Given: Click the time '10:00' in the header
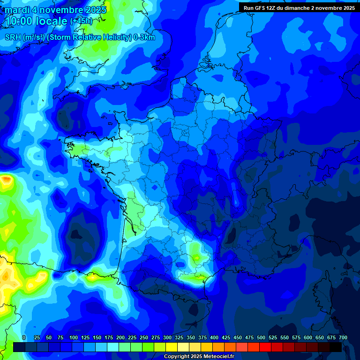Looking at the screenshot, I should [19, 21].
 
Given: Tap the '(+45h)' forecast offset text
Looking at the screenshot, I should [82, 21].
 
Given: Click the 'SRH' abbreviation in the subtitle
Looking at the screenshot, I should [13, 37].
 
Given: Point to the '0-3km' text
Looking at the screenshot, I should [144, 37].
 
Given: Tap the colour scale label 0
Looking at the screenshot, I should [24, 337].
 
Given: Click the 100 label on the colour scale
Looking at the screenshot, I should [74, 337].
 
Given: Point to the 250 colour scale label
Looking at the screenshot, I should [144, 337].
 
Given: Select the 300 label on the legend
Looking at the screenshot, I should [167, 337].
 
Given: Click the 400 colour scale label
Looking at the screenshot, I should [214, 337].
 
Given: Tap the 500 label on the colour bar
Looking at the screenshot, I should [261, 337].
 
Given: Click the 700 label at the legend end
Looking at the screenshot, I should [343, 337].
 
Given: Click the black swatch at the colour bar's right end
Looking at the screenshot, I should [336, 347].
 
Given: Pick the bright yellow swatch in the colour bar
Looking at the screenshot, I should [172, 347].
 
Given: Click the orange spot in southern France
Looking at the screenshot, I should [197, 256].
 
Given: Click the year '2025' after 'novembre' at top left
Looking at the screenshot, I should [96, 10].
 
